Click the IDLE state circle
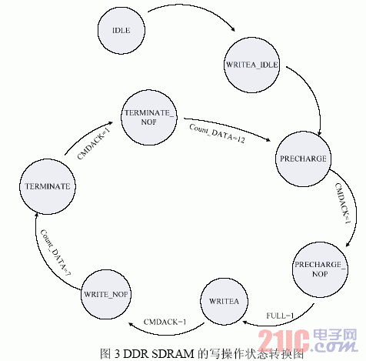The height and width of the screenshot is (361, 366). pyautogui.click(x=121, y=30)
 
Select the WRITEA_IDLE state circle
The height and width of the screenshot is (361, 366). pyautogui.click(x=251, y=65)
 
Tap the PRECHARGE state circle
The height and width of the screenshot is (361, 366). pyautogui.click(x=303, y=159)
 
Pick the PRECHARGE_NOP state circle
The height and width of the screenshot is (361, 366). pyautogui.click(x=320, y=269)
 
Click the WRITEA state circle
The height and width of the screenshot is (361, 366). pyautogui.click(x=224, y=301)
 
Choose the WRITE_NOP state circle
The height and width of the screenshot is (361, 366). pyautogui.click(x=106, y=294)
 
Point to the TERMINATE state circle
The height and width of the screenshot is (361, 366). pyautogui.click(x=48, y=186)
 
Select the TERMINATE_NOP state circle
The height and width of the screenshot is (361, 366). pyautogui.click(x=148, y=118)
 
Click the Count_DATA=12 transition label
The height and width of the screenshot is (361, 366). pyautogui.click(x=217, y=134)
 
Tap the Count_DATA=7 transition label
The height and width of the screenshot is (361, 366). pyautogui.click(x=55, y=252)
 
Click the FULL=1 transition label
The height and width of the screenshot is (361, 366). pyautogui.click(x=280, y=316)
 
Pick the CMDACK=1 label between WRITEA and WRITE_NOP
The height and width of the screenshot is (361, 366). pyautogui.click(x=165, y=322)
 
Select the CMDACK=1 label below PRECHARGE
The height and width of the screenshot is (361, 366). pyautogui.click(x=343, y=203)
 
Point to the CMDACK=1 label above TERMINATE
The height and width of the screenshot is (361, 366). pyautogui.click(x=94, y=144)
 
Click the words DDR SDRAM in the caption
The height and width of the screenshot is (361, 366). pyautogui.click(x=158, y=354)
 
